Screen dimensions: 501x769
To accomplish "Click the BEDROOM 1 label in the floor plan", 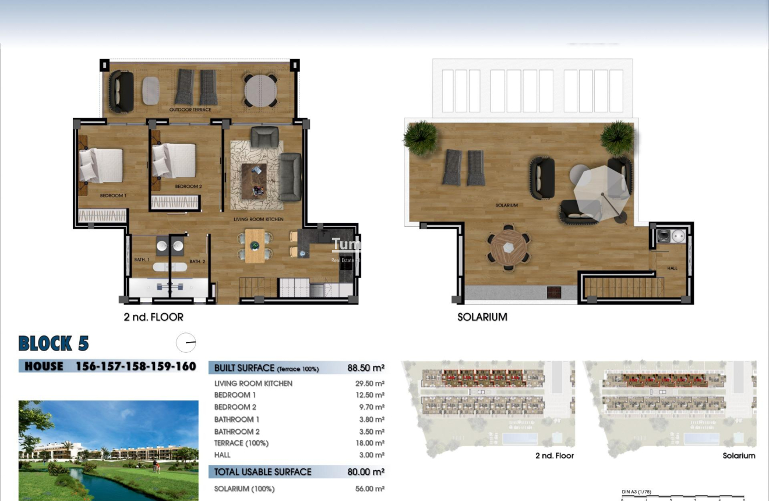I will pos(113,196).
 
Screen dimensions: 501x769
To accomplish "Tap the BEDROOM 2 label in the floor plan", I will pos(188,187).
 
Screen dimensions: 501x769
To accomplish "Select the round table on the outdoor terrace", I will pos(260,90).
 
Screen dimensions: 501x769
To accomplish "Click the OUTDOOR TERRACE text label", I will pos(190,110).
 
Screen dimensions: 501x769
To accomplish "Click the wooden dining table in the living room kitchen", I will pos(255,246).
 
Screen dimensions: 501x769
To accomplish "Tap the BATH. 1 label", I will pos(142,260).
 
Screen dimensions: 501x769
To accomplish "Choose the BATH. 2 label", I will pos(197,261).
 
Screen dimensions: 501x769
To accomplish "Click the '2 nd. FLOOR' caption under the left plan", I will pos(153,317).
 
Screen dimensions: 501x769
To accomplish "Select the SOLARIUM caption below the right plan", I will pos(482,317).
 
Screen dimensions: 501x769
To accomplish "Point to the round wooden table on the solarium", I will pos(509,248).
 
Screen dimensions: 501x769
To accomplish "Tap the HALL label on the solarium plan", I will pos(672,268).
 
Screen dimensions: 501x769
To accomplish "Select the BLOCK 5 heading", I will pos(54,344).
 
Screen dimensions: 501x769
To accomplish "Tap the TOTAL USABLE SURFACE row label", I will pos(262,472).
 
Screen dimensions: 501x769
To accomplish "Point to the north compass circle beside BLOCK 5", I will pos(186,343).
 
